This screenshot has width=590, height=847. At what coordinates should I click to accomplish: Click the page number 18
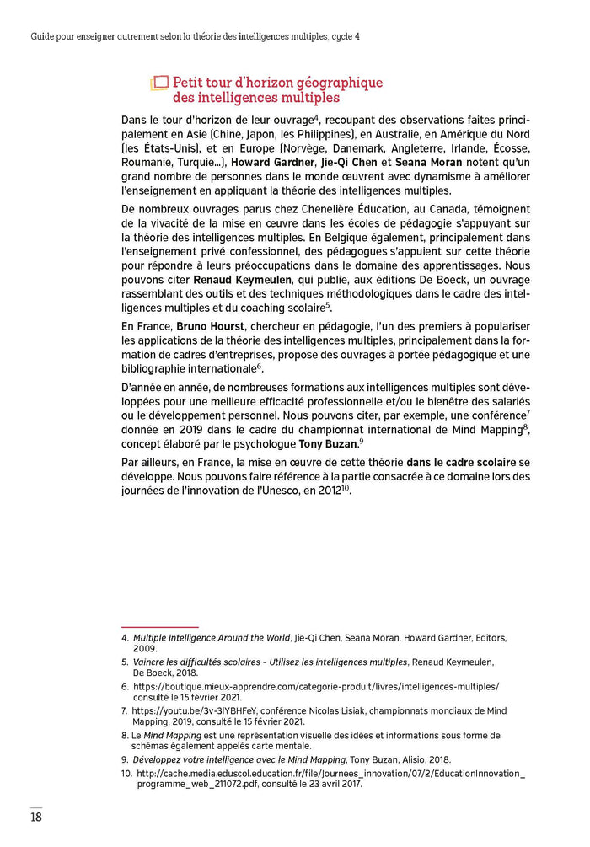pyautogui.click(x=36, y=816)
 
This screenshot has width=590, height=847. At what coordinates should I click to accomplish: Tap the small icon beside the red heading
pyautogui.click(x=159, y=83)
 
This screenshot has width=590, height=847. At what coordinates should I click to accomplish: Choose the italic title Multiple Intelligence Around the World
pyautogui.click(x=211, y=638)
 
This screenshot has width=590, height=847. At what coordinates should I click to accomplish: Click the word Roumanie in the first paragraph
pyautogui.click(x=147, y=161)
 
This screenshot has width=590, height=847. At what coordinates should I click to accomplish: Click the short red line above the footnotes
pyautogui.click(x=159, y=627)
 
